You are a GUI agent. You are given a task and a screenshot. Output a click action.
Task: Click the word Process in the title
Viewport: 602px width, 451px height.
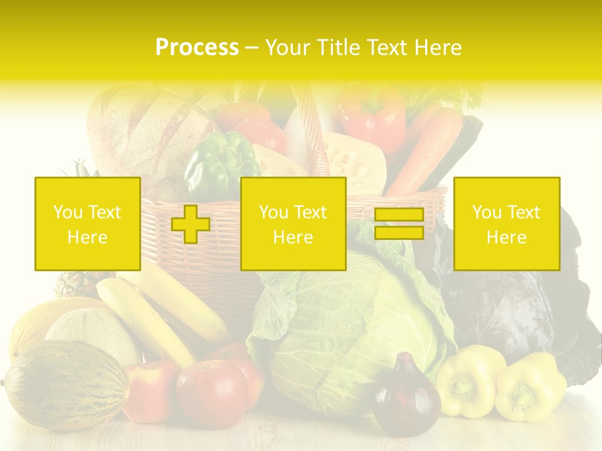pyautogui.click(x=197, y=48)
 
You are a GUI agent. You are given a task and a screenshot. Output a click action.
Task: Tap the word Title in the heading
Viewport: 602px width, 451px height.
pyautogui.click(x=338, y=48)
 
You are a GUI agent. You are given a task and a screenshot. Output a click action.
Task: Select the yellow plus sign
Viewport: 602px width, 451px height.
pyautogui.click(x=191, y=224)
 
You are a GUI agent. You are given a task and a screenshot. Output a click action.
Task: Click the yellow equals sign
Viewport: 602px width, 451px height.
pyautogui.click(x=399, y=224)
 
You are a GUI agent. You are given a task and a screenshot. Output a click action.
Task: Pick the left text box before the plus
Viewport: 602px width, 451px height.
pyautogui.click(x=88, y=224)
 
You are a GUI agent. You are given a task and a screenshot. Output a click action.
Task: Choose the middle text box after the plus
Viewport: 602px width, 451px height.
pyautogui.click(x=293, y=224)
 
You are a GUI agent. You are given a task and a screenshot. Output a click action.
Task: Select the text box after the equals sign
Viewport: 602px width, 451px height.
pyautogui.click(x=507, y=224)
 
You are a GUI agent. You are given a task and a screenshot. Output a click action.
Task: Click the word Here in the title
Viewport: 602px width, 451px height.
pyautogui.click(x=436, y=48)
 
